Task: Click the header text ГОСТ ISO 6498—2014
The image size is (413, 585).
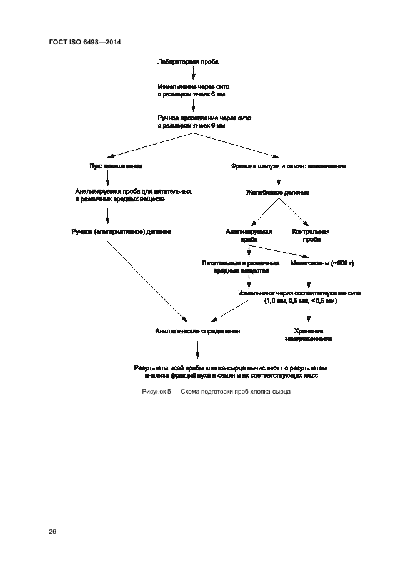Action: tap(84, 42)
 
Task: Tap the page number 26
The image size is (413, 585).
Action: tap(52, 532)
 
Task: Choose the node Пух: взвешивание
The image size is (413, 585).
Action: tap(116, 166)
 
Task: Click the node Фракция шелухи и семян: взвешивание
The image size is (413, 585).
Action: tap(289, 166)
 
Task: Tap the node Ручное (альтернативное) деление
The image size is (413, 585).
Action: tap(122, 231)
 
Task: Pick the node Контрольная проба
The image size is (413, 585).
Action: tap(311, 235)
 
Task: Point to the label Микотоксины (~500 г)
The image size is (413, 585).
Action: tap(322, 263)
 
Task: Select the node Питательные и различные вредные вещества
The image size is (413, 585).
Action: tap(236, 268)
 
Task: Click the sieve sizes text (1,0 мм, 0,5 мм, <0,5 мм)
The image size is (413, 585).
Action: tap(300, 301)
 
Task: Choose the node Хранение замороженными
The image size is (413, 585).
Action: tap(309, 334)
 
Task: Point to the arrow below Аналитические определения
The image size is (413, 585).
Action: tap(197, 348)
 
